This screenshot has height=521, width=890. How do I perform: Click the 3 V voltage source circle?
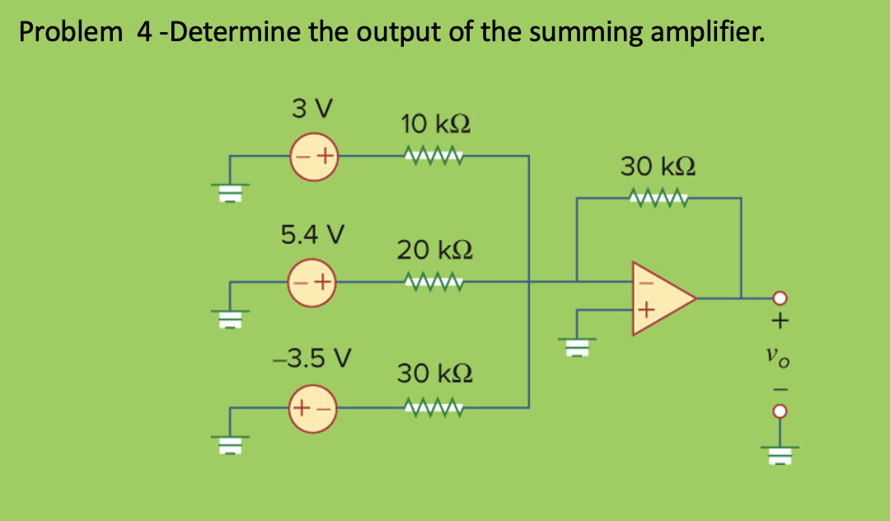pyautogui.click(x=316, y=155)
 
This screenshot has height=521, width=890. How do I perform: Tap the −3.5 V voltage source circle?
pyautogui.click(x=315, y=407)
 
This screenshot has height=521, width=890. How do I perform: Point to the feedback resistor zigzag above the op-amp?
pyautogui.click(x=658, y=198)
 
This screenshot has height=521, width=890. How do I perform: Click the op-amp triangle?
pyautogui.click(x=658, y=298)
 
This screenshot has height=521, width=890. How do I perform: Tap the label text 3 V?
pyautogui.click(x=312, y=109)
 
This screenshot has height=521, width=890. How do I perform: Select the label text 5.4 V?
pyautogui.click(x=312, y=235)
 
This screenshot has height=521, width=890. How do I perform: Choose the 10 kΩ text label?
pyautogui.click(x=436, y=124)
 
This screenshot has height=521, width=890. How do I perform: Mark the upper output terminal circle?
pyautogui.click(x=780, y=298)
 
